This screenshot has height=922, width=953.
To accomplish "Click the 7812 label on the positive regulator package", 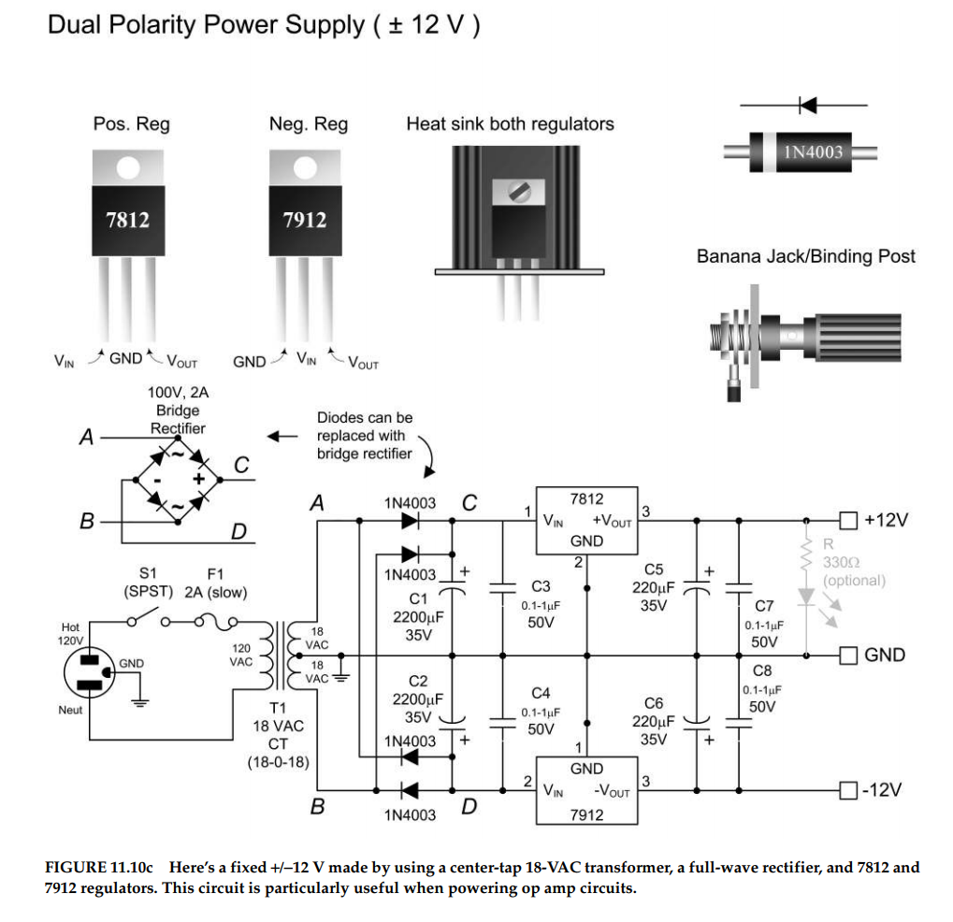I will [127, 220].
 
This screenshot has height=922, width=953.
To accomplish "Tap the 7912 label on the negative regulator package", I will [304, 220].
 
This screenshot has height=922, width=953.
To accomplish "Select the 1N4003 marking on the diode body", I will [813, 151].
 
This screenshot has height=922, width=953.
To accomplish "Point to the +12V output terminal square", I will [847, 519].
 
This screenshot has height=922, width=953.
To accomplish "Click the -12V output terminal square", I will [847, 790].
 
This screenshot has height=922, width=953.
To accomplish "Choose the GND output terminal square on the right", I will [847, 655].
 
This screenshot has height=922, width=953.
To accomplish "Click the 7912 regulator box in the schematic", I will [585, 790].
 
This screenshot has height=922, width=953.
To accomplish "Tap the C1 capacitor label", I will [418, 598].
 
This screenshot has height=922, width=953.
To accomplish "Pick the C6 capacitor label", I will [655, 703].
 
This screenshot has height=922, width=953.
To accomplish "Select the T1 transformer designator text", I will [278, 708].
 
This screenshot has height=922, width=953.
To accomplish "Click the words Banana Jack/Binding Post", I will [805, 256].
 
